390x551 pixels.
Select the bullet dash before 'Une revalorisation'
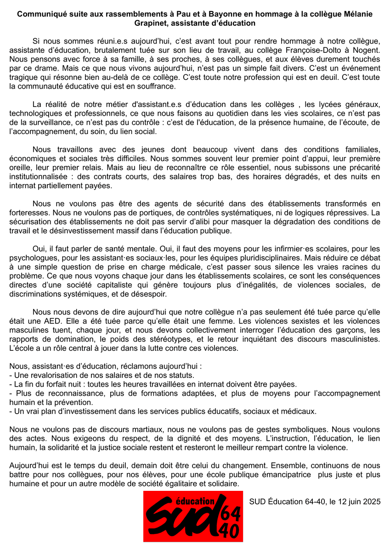pos(11,375)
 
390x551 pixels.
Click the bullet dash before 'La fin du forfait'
pos(11,384)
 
